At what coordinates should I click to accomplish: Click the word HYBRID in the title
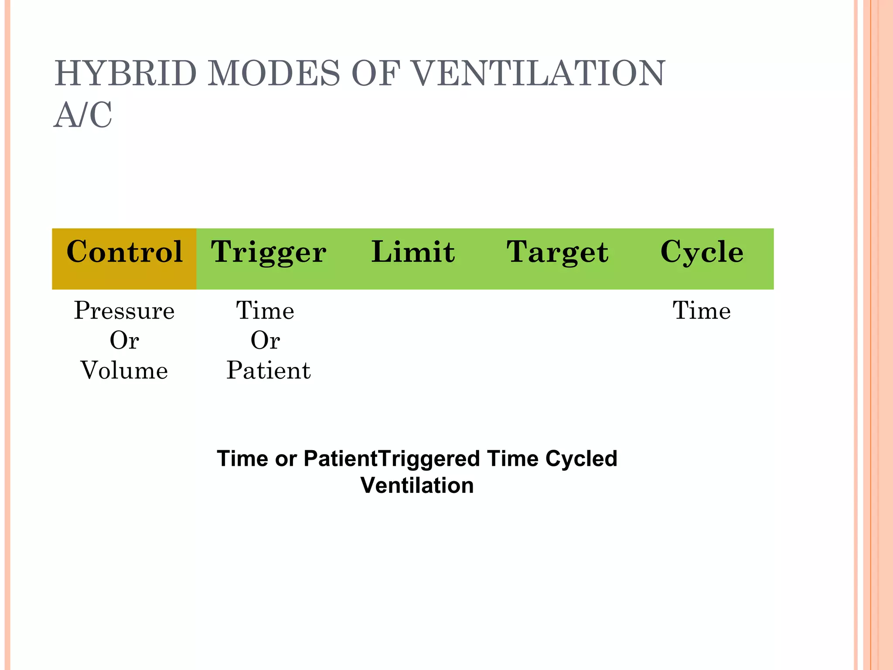click(126, 73)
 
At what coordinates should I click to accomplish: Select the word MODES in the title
click(273, 73)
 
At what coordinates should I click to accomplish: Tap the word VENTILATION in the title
click(538, 73)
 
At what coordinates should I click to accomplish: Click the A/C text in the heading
click(83, 115)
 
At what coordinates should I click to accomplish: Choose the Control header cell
click(124, 252)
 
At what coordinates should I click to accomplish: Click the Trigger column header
click(269, 252)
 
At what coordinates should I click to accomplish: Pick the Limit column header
click(413, 252)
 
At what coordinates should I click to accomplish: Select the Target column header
click(557, 252)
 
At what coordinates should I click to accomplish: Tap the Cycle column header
click(702, 252)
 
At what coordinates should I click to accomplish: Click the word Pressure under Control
click(124, 311)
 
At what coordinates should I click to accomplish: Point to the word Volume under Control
click(124, 371)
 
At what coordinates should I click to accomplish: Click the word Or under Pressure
click(124, 341)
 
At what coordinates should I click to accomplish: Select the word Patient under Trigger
click(269, 371)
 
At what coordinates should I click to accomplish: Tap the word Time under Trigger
click(265, 311)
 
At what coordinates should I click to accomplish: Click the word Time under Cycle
click(702, 311)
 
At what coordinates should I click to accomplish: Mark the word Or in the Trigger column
click(265, 341)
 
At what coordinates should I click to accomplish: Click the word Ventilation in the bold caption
click(417, 485)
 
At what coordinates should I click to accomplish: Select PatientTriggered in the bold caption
click(392, 459)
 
